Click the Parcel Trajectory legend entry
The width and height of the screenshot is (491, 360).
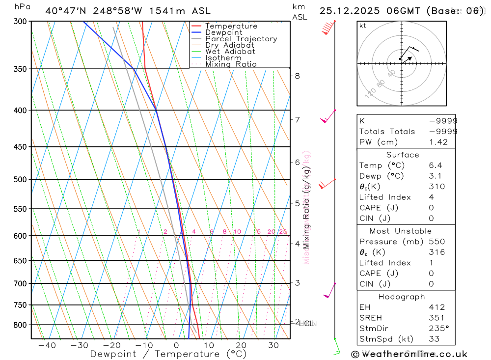pos(241,39)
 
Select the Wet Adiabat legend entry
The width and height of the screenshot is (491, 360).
pos(230,52)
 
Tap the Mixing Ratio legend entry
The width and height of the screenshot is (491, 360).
pos(231,64)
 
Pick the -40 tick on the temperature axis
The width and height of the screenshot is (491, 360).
pos(47,345)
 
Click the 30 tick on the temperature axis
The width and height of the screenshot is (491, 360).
pos(273,345)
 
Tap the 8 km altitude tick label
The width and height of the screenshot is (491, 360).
pos(297,76)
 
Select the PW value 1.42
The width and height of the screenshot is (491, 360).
pos(438,142)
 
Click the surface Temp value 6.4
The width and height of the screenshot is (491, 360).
pos(435,166)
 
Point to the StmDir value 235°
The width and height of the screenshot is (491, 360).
pos(438,329)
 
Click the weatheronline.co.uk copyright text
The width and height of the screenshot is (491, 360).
pos(409,354)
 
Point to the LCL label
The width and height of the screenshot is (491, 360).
pos(306,324)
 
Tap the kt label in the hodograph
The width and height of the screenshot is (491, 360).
pos(362,26)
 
